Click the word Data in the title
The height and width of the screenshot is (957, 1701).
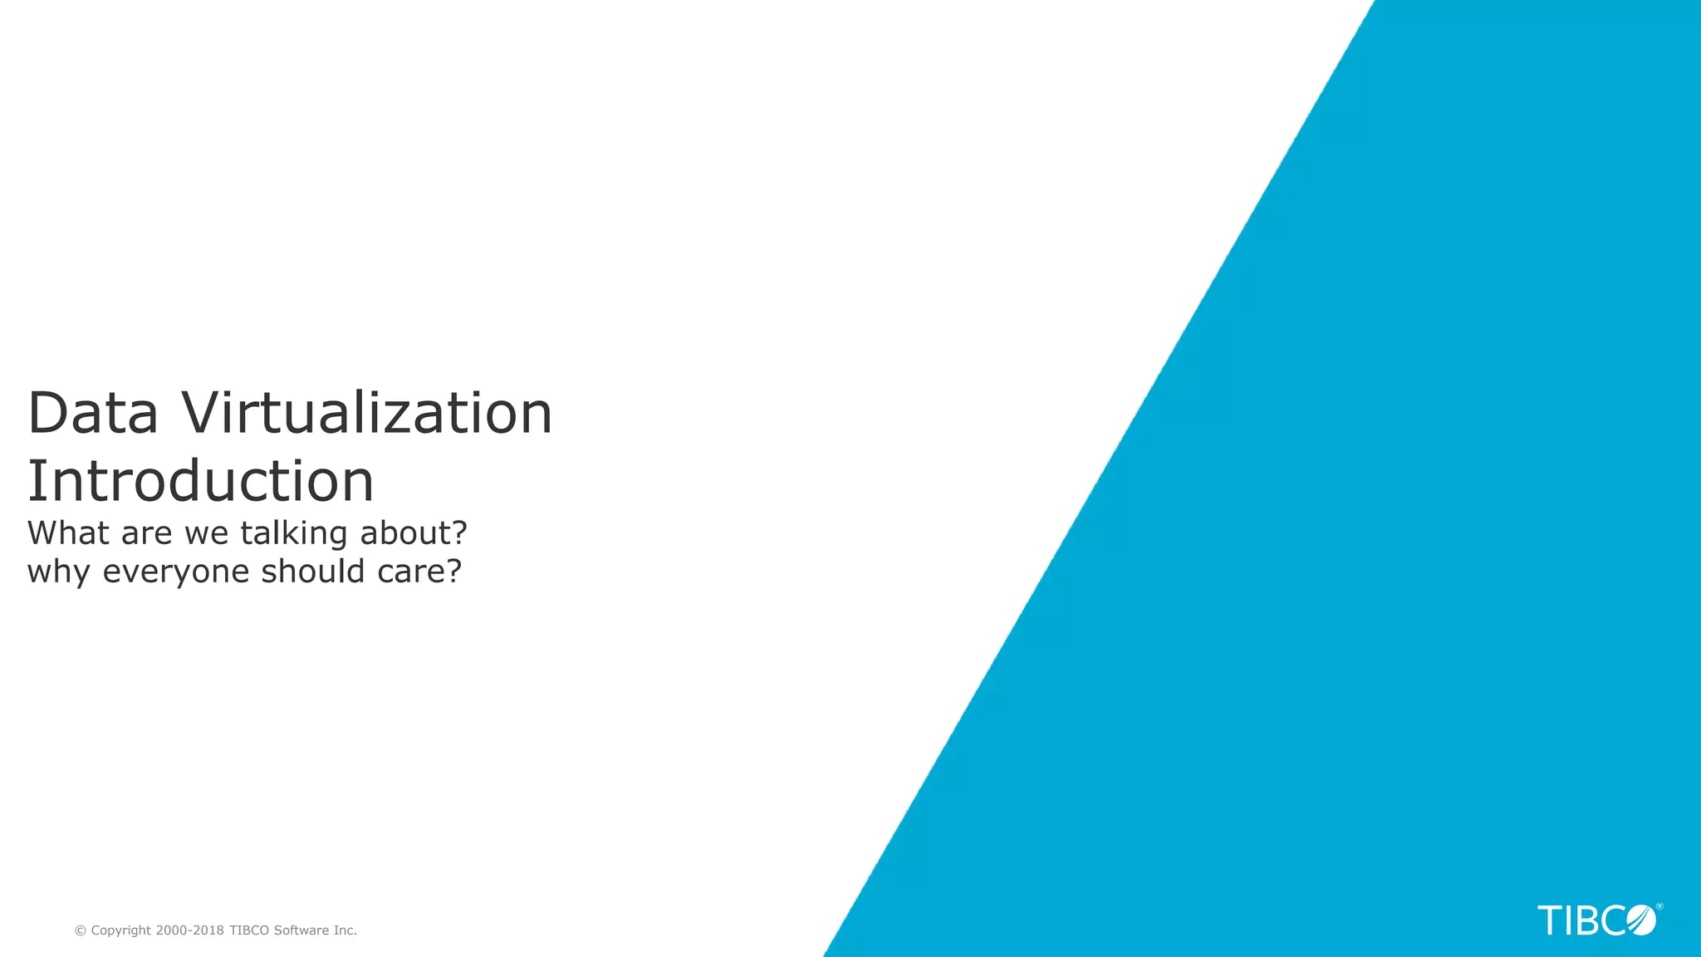(92, 413)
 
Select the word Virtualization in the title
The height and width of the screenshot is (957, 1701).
(367, 413)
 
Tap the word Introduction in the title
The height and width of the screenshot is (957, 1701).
(201, 481)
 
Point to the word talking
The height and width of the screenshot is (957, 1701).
(293, 534)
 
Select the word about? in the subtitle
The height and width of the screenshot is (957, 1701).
(414, 533)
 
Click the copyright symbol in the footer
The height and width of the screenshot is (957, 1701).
(81, 931)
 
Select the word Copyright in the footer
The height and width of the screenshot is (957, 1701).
(121, 931)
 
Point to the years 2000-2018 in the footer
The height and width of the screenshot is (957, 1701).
(190, 930)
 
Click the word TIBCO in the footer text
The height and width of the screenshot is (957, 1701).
(249, 930)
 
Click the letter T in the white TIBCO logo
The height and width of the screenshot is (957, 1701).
(1550, 921)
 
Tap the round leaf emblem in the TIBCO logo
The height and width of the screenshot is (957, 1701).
(1641, 920)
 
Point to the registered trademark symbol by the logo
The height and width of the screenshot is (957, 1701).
(1659, 906)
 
